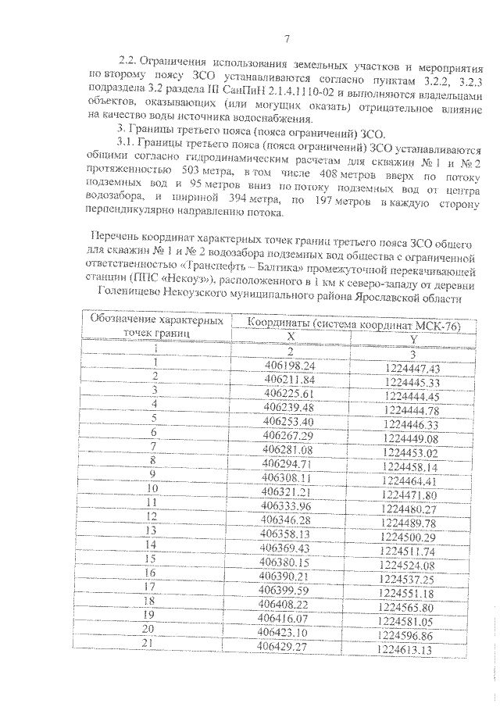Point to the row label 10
pyautogui.click(x=153, y=491)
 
